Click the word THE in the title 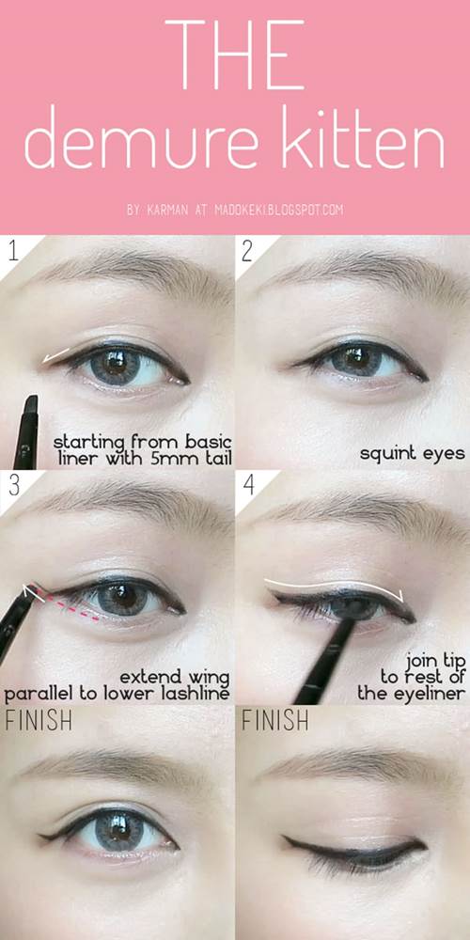point(235,55)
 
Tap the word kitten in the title point(363,139)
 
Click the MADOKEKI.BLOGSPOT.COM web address point(279,211)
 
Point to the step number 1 point(12,251)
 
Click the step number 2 point(247,251)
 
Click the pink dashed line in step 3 point(67,603)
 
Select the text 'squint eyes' point(413,453)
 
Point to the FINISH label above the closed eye point(275,720)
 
